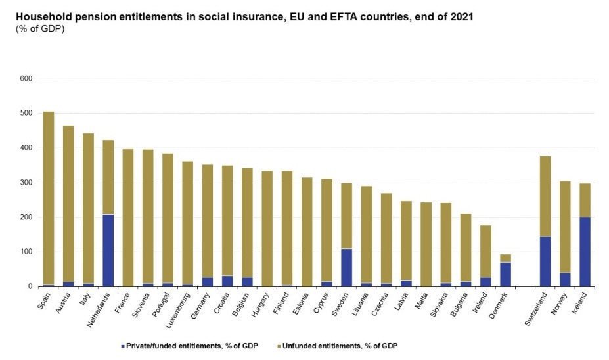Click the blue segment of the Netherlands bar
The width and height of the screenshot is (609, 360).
pos(108,250)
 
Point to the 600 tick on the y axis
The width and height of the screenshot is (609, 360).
pos(26,79)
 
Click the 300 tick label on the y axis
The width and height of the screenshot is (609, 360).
pos(26,183)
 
